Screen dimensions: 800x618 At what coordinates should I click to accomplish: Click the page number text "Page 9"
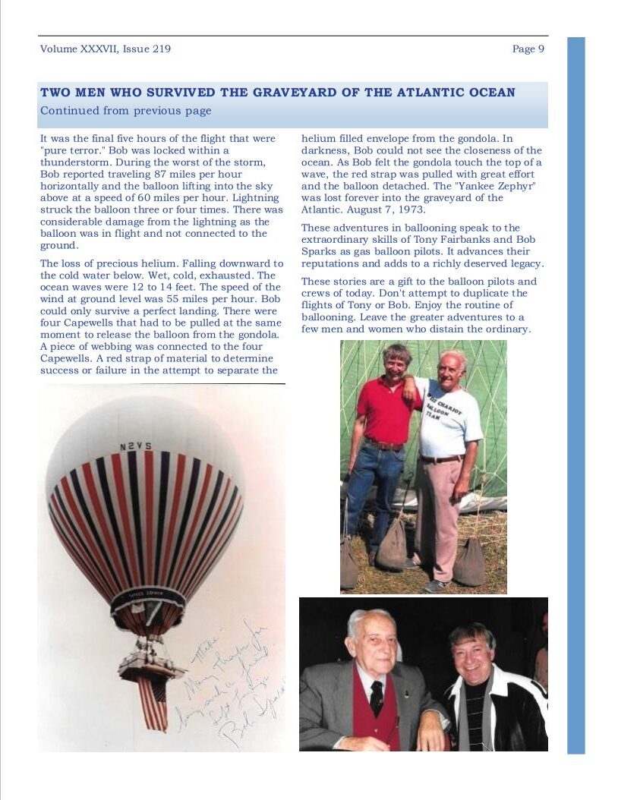click(x=528, y=49)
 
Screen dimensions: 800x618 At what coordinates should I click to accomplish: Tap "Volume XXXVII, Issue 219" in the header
click(x=106, y=49)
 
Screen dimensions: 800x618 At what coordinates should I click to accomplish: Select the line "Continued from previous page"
click(x=126, y=111)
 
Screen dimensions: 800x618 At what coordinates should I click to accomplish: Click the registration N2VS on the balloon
click(x=134, y=446)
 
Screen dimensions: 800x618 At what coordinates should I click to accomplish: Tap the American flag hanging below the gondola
click(x=153, y=702)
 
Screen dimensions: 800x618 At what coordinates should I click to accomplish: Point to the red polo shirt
click(x=388, y=410)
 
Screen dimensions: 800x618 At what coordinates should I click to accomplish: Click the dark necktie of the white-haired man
click(x=377, y=697)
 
